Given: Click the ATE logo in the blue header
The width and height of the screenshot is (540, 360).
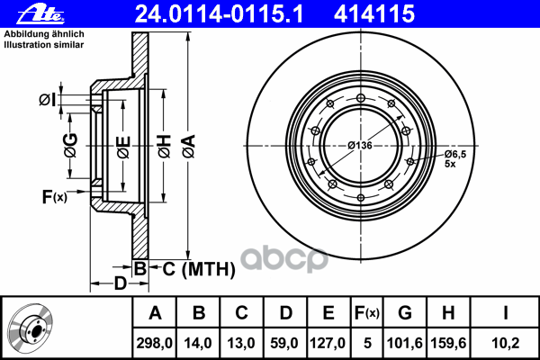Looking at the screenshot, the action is (x=40, y=14).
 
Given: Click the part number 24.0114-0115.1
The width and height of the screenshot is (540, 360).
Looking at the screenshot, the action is (x=219, y=14).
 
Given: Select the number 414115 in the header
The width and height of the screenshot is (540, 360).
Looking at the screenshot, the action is (x=374, y=14).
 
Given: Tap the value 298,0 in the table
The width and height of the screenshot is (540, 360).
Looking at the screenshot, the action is (x=154, y=343).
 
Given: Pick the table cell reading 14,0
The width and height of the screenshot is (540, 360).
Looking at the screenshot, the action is (x=198, y=343).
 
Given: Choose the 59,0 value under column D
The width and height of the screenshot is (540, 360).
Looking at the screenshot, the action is (x=284, y=343).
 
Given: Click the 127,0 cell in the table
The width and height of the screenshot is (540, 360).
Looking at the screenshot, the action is (x=328, y=343).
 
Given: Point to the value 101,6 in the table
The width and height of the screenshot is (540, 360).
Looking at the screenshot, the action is (x=405, y=343).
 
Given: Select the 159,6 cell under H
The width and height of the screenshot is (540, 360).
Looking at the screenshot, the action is (x=448, y=343).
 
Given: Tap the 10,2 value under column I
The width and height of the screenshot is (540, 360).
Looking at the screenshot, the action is (x=505, y=343).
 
